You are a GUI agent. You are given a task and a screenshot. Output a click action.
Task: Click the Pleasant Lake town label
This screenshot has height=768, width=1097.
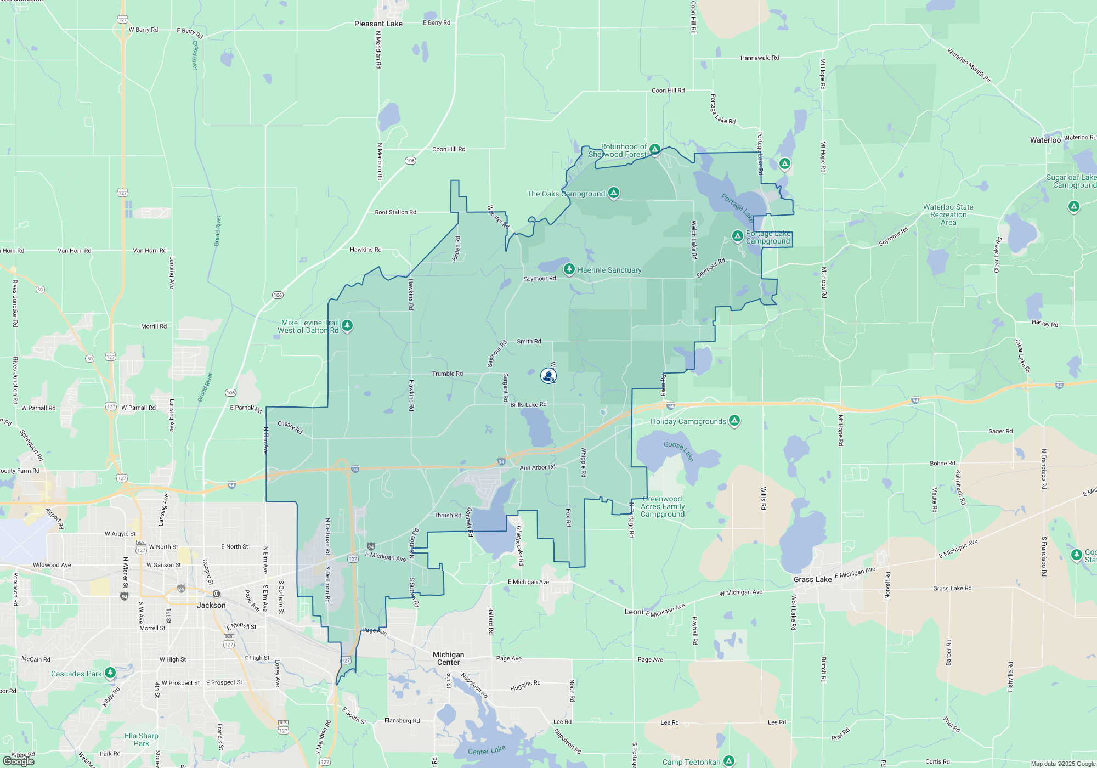378,24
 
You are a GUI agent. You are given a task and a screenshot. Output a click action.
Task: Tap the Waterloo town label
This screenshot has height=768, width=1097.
1045,140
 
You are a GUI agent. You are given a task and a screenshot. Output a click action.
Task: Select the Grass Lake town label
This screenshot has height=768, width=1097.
812,579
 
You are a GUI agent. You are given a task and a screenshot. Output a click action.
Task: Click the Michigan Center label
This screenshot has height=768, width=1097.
448,658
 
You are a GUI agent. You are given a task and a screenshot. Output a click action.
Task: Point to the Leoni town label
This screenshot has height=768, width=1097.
634,612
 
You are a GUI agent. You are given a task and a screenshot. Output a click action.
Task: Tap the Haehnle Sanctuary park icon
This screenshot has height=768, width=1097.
569,269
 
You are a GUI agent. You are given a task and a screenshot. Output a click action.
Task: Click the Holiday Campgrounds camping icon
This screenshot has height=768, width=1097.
734,421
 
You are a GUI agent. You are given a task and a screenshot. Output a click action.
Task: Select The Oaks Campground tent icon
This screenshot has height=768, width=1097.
614,193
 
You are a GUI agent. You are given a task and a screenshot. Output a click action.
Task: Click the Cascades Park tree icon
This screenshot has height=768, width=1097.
110,673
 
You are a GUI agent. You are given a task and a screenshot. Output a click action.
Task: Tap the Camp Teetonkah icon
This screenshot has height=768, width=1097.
728,761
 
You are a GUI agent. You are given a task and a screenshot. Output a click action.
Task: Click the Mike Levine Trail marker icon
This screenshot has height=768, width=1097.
347,326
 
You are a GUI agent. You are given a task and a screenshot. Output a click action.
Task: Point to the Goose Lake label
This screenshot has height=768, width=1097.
678,450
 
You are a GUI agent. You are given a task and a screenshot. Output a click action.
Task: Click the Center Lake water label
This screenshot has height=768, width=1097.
487,750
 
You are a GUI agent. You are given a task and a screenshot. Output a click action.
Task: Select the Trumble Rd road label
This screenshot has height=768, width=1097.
447,374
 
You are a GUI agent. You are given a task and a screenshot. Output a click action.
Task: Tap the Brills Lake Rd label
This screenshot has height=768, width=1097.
528,405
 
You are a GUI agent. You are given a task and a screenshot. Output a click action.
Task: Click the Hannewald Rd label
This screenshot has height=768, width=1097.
759,58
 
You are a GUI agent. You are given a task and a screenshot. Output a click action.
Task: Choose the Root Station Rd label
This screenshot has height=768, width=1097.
395,212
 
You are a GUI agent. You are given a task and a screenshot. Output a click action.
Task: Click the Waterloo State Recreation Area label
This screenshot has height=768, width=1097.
948,214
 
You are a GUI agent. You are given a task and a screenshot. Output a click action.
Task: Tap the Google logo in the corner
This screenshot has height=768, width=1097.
19,761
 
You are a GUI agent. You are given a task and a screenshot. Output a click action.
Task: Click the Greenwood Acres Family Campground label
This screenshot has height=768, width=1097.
663,506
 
